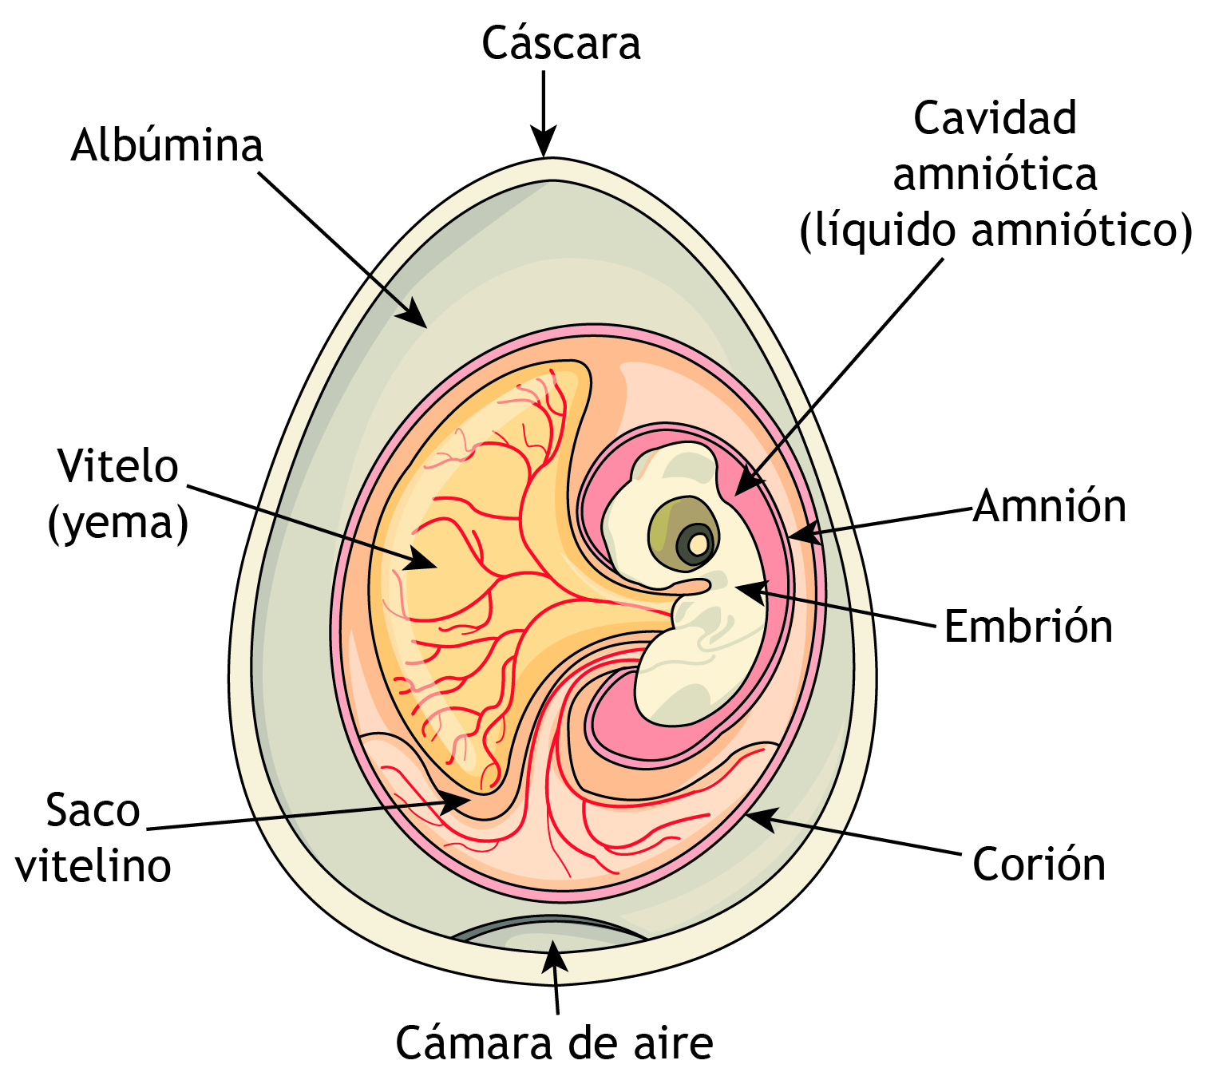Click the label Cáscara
(x=560, y=44)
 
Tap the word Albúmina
(x=167, y=146)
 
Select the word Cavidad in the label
(x=995, y=119)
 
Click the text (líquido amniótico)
(x=995, y=231)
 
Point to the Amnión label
(x=1050, y=506)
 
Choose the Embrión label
(x=1028, y=627)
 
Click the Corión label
(x=1039, y=864)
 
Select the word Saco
(x=93, y=811)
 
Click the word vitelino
(x=93, y=866)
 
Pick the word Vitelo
(x=117, y=466)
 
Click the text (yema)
(x=118, y=524)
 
